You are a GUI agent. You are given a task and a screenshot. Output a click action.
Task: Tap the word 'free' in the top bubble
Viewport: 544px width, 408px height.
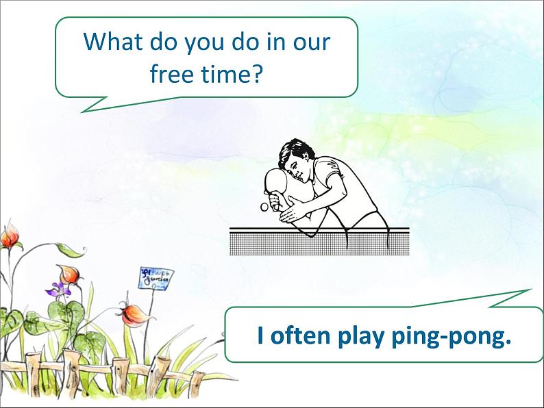pyautogui.click(x=171, y=73)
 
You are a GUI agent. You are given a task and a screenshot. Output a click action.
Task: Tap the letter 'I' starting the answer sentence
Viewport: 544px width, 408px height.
pyautogui.click(x=260, y=335)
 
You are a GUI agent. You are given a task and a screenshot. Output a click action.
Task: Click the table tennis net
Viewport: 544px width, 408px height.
pyautogui.click(x=319, y=241)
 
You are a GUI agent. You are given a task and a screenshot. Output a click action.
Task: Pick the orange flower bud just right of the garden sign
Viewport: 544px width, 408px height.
pyautogui.click(x=129, y=315)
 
